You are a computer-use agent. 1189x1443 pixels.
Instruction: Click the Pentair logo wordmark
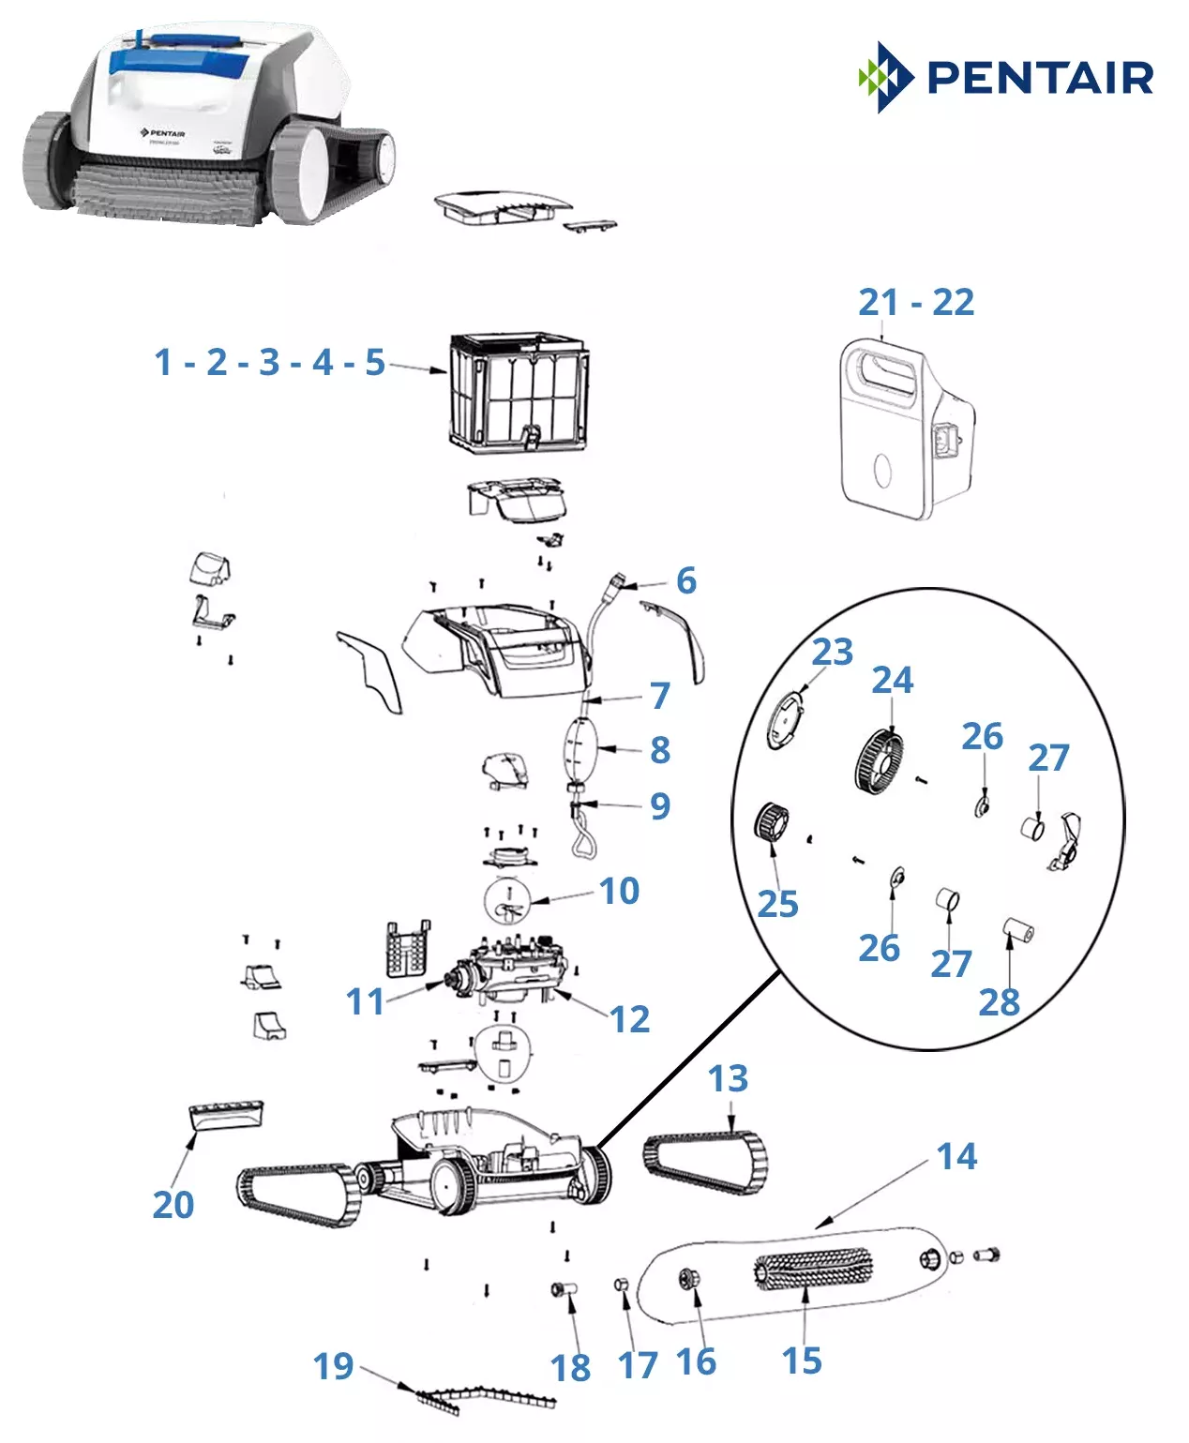tap(1039, 78)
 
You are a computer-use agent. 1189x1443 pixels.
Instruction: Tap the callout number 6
tap(686, 581)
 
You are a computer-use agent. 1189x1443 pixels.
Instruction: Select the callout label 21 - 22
tap(916, 303)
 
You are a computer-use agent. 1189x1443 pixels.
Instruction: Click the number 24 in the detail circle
tap(892, 681)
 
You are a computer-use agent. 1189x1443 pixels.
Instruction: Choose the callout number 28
tap(999, 1003)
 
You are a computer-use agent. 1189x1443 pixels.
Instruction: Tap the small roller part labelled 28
tap(1017, 933)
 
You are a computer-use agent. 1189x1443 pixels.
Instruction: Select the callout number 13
tap(728, 1079)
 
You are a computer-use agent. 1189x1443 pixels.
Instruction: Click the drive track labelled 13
tap(705, 1163)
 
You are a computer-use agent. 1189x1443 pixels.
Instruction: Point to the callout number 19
tap(333, 1367)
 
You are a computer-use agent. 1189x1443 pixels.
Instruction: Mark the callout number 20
tap(173, 1205)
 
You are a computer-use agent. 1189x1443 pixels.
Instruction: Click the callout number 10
tap(619, 891)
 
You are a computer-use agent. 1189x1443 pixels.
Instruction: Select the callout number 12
tap(629, 1019)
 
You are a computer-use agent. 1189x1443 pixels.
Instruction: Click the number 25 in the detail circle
tap(777, 904)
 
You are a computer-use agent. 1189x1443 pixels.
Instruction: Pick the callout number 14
tap(956, 1156)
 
